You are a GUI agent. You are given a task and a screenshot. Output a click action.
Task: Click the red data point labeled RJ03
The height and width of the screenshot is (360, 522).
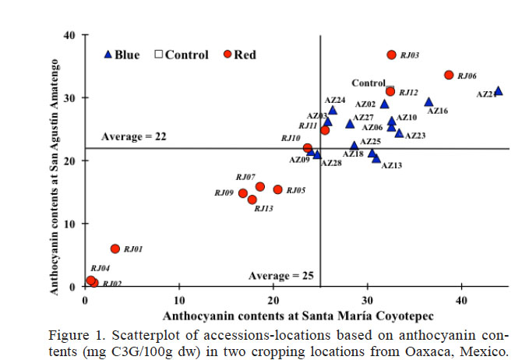tap(392, 55)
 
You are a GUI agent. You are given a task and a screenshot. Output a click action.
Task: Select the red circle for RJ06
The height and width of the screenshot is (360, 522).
tap(449, 75)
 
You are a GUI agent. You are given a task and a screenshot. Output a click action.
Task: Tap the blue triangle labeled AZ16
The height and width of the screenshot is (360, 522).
tap(429, 102)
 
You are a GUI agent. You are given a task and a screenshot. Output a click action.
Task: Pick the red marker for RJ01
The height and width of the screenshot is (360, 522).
tap(115, 249)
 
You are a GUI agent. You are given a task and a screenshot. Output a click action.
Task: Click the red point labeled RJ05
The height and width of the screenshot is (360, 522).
tap(277, 189)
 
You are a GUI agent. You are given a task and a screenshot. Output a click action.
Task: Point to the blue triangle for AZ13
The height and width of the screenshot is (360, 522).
tap(376, 158)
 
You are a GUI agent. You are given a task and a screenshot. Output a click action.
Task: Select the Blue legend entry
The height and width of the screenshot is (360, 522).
tap(122, 55)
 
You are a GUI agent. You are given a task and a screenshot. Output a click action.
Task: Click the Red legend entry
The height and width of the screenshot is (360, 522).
tap(240, 55)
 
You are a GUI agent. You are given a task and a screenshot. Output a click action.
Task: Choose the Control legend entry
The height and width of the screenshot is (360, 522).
tap(182, 55)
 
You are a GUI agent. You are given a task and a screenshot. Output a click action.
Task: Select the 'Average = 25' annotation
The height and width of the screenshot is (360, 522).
tap(281, 277)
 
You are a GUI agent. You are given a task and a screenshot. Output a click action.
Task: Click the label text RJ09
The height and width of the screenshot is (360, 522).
tap(224, 192)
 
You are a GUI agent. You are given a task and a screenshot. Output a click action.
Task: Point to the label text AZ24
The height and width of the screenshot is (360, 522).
tap(336, 100)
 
